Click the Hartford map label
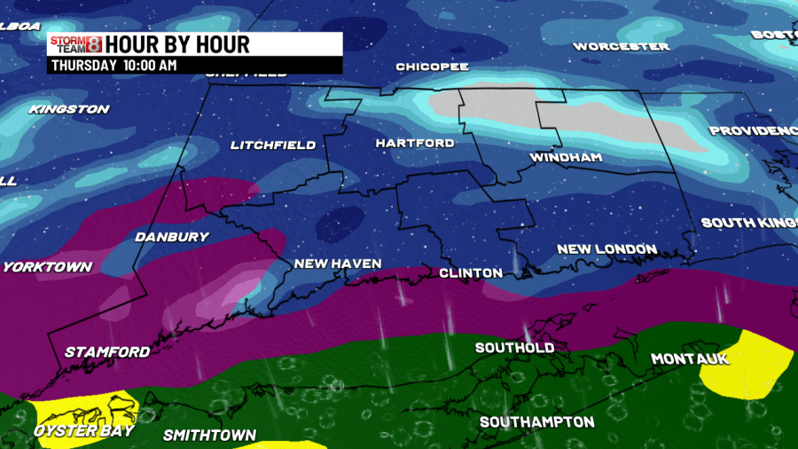(x=414, y=143)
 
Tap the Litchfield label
(x=272, y=145)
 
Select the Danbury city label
(x=171, y=237)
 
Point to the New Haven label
(x=338, y=264)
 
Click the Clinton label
(x=471, y=272)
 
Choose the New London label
(x=606, y=249)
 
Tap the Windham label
(x=566, y=158)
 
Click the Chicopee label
(x=432, y=67)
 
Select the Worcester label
(x=621, y=46)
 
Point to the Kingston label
(x=69, y=109)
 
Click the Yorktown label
(x=47, y=267)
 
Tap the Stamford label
(x=107, y=352)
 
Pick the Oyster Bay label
(x=83, y=430)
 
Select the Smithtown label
(x=209, y=435)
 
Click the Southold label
(x=514, y=348)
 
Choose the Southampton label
(x=536, y=421)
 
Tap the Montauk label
(x=689, y=358)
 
